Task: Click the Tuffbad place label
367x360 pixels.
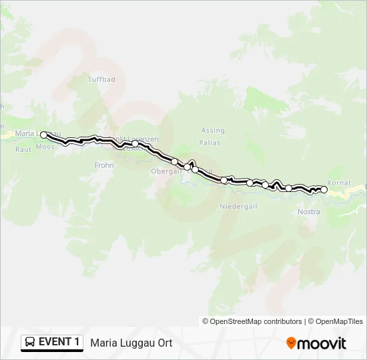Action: (x=101, y=79)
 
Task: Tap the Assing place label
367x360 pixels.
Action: (x=213, y=131)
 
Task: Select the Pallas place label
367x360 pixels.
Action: (x=210, y=143)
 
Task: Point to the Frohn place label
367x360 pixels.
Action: (x=105, y=165)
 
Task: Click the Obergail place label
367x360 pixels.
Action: (x=165, y=171)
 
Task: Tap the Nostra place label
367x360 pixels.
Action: (x=308, y=212)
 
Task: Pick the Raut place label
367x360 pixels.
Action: (x=23, y=149)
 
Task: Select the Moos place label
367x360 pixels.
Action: (x=45, y=146)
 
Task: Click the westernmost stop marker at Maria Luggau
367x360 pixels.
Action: (x=44, y=135)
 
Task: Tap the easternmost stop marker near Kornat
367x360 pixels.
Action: (x=324, y=190)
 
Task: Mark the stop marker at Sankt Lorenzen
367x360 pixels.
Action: (x=135, y=143)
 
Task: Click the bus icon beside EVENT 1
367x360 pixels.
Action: (x=30, y=343)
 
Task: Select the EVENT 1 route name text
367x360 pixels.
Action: (x=59, y=343)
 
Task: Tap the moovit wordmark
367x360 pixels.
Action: (x=322, y=343)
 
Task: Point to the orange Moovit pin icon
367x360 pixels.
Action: (x=291, y=343)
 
